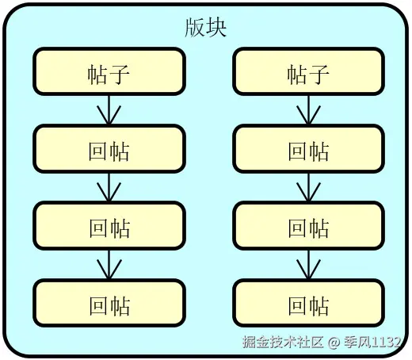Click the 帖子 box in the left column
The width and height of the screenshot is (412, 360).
pos(109,73)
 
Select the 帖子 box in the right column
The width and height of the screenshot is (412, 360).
pos(308,73)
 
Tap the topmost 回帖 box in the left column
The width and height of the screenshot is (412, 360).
pos(109,150)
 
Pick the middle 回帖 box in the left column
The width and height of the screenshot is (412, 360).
pos(109,228)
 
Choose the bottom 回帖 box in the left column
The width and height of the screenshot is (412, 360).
pos(109,305)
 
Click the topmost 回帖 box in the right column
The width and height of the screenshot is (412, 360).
pos(308,150)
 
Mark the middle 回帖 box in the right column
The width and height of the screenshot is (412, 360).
pos(308,228)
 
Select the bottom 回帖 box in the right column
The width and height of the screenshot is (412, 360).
pos(308,305)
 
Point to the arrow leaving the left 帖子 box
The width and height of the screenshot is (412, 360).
pos(109,111)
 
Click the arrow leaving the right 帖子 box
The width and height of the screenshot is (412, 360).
pos(308,111)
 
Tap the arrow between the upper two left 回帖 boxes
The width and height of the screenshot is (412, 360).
pos(109,189)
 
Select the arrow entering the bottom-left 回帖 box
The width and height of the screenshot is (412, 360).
pos(109,266)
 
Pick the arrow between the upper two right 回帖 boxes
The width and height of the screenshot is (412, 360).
pos(308,189)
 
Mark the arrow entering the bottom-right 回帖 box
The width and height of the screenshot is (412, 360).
pos(308,266)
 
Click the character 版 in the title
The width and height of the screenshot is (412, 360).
pos(195,29)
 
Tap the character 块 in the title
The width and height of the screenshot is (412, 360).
pos(216,29)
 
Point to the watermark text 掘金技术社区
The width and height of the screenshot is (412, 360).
pos(283,343)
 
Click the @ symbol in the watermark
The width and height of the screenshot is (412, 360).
pos(334,343)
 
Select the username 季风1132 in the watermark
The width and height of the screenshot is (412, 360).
pos(373,343)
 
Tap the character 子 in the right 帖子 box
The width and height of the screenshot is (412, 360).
pos(319,74)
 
